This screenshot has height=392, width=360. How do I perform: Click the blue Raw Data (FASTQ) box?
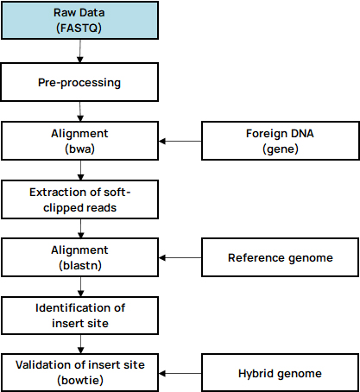[79, 21]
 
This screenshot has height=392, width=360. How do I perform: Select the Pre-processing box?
[79, 82]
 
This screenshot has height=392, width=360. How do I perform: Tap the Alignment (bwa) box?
[79, 141]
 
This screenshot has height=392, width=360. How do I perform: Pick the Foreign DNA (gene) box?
[281, 141]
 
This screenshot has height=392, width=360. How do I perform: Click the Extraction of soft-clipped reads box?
[79, 199]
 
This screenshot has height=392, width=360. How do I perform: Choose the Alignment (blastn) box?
[79, 257]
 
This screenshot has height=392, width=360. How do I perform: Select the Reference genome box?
[281, 257]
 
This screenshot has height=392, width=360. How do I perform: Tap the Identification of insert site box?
[79, 315]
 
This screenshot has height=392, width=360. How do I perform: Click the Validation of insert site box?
[79, 373]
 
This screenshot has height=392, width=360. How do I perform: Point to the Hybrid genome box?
[281, 373]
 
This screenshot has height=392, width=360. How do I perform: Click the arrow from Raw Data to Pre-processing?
[80, 51]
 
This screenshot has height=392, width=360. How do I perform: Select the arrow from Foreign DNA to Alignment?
[180, 141]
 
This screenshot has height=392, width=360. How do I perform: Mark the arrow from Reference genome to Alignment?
[180, 257]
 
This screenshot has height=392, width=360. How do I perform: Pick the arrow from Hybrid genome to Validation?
[180, 373]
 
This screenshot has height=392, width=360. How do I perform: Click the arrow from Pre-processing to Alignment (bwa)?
[80, 111]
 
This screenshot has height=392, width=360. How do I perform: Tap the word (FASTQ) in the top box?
[79, 28]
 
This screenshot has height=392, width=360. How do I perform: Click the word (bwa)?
[79, 149]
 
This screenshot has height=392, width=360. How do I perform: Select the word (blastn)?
[80, 265]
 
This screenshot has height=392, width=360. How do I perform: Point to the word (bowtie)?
[80, 381]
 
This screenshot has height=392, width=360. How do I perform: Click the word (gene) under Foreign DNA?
[281, 149]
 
